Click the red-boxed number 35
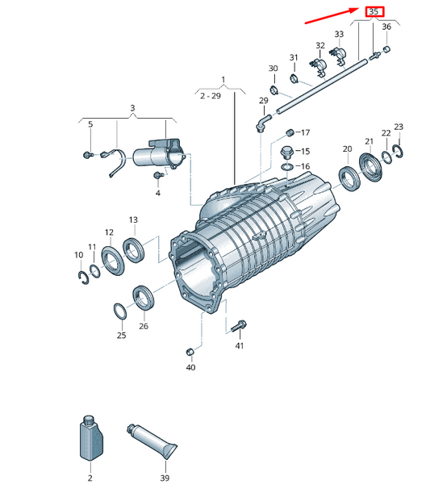point(374,11)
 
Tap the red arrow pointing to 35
point(332,15)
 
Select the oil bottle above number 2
point(91,438)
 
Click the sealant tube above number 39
point(152,441)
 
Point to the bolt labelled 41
point(239,326)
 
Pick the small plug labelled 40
point(190,352)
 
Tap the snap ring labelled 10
point(83,278)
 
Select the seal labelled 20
point(350,179)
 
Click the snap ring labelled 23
point(398,151)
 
